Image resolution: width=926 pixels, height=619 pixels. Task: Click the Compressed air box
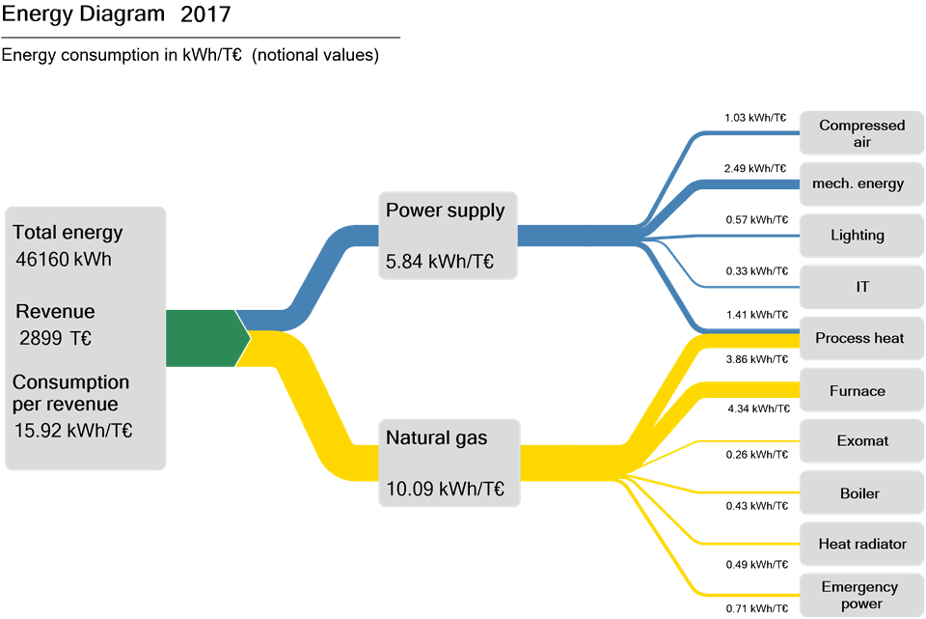pos(861,133)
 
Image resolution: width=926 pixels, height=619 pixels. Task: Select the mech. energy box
pos(861,183)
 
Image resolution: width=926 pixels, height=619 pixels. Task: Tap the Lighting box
pos(861,235)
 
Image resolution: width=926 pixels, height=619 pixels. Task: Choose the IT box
pos(861,287)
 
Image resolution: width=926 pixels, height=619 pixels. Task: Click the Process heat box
pos(861,338)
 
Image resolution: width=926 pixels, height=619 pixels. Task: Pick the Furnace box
pos(861,391)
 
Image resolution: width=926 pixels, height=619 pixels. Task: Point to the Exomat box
pos(861,440)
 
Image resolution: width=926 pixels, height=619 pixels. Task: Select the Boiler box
pos(861,493)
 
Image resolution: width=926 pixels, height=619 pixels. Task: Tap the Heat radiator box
pos(861,544)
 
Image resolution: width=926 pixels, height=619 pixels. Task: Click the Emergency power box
pos(861,595)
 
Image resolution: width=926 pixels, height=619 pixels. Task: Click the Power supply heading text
pos(445,211)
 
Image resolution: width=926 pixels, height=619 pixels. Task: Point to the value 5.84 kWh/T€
pos(440,261)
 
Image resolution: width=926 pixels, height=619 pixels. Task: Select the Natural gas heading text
pos(436,437)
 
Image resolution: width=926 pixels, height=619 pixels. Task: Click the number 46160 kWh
pos(64,260)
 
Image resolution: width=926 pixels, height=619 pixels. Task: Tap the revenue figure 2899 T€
pos(56,338)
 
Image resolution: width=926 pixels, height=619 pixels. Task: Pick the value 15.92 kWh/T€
pos(73,431)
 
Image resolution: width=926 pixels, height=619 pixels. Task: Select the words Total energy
pos(68,233)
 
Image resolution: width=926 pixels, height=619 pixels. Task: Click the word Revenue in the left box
pos(55,312)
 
